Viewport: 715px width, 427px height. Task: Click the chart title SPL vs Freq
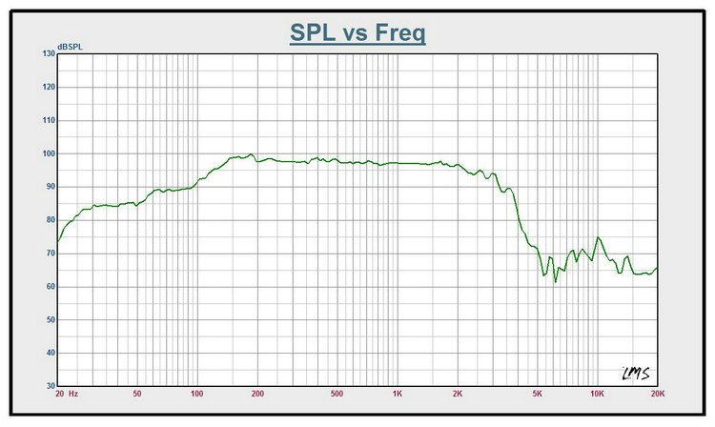tap(357, 32)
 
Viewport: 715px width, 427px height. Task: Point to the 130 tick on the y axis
tap(48, 54)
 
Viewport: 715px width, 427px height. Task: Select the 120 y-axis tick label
tap(48, 88)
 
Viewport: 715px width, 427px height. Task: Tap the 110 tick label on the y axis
tap(48, 121)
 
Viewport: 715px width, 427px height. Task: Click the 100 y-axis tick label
tap(48, 153)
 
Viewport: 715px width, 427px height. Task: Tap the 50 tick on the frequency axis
tap(137, 394)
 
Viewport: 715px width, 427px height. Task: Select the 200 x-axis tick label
tap(257, 394)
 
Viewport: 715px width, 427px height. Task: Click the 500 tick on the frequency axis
tap(337, 394)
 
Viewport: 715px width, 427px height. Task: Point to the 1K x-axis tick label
tap(398, 394)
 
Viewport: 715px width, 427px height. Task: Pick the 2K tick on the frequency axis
tap(458, 394)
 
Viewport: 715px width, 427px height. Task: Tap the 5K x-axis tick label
tap(537, 394)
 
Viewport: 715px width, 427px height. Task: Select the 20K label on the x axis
tap(656, 394)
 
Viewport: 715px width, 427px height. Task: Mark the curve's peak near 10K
tap(598, 237)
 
